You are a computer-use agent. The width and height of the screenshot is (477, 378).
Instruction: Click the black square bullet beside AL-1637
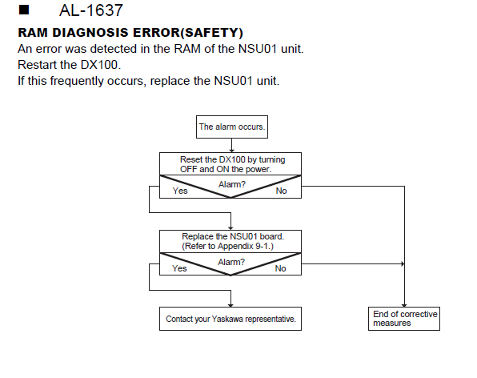pos(24,10)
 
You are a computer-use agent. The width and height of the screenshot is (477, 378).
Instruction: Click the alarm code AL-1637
pos(91,10)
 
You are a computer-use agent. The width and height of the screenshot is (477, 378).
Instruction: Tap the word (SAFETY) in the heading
pos(212,33)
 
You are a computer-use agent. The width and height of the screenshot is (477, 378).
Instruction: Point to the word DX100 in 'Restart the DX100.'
pos(100,65)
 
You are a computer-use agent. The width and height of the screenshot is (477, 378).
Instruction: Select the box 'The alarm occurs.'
pos(232,127)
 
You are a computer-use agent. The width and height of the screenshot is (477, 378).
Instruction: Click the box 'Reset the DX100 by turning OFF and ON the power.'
pos(230,163)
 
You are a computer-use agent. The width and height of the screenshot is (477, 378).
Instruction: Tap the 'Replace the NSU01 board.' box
pos(230,241)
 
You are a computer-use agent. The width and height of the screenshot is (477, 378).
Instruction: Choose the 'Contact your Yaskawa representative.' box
pos(230,319)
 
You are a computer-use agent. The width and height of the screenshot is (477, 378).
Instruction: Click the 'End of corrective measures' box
pos(404,319)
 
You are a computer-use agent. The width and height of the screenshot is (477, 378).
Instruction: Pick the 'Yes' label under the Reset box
pos(180,191)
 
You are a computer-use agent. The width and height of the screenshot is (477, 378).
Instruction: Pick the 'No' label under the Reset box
pos(282,191)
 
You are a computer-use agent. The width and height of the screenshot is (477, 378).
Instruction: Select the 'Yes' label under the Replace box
pos(179,268)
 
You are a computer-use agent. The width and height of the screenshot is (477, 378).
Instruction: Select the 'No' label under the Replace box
pos(280,268)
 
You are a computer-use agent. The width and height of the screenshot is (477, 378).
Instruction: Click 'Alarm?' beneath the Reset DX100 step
pos(232,184)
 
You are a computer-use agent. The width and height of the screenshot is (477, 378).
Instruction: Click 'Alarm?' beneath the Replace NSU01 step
pos(231,262)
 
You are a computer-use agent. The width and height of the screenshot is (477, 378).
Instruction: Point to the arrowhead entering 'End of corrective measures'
pos(404,305)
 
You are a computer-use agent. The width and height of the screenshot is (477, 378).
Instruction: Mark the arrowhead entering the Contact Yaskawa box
pos(230,305)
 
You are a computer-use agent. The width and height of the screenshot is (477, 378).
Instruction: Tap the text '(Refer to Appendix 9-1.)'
pos(227,246)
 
